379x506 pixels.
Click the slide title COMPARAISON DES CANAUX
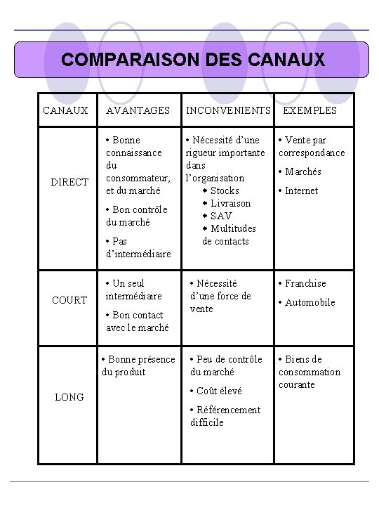[x=193, y=60]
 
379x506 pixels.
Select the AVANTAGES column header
[x=138, y=110]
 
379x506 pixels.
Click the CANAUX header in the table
[x=65, y=110]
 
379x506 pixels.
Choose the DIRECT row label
[x=69, y=182]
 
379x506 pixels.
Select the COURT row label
[x=69, y=300]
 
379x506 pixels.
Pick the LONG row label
[x=69, y=397]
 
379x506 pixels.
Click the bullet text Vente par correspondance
[x=312, y=146]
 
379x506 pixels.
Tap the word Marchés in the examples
[x=303, y=171]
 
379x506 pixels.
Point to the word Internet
[x=301, y=190]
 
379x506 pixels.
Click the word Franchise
[x=305, y=283]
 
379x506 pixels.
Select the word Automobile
[x=310, y=302]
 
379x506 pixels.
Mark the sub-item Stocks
[x=225, y=190]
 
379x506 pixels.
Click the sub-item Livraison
[x=230, y=203]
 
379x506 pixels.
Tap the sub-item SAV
[x=221, y=216]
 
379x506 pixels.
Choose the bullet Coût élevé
[x=219, y=391]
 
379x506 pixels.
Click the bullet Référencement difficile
[x=225, y=416]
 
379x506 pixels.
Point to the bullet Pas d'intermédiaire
[x=138, y=247]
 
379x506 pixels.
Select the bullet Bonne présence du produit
[x=138, y=365]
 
